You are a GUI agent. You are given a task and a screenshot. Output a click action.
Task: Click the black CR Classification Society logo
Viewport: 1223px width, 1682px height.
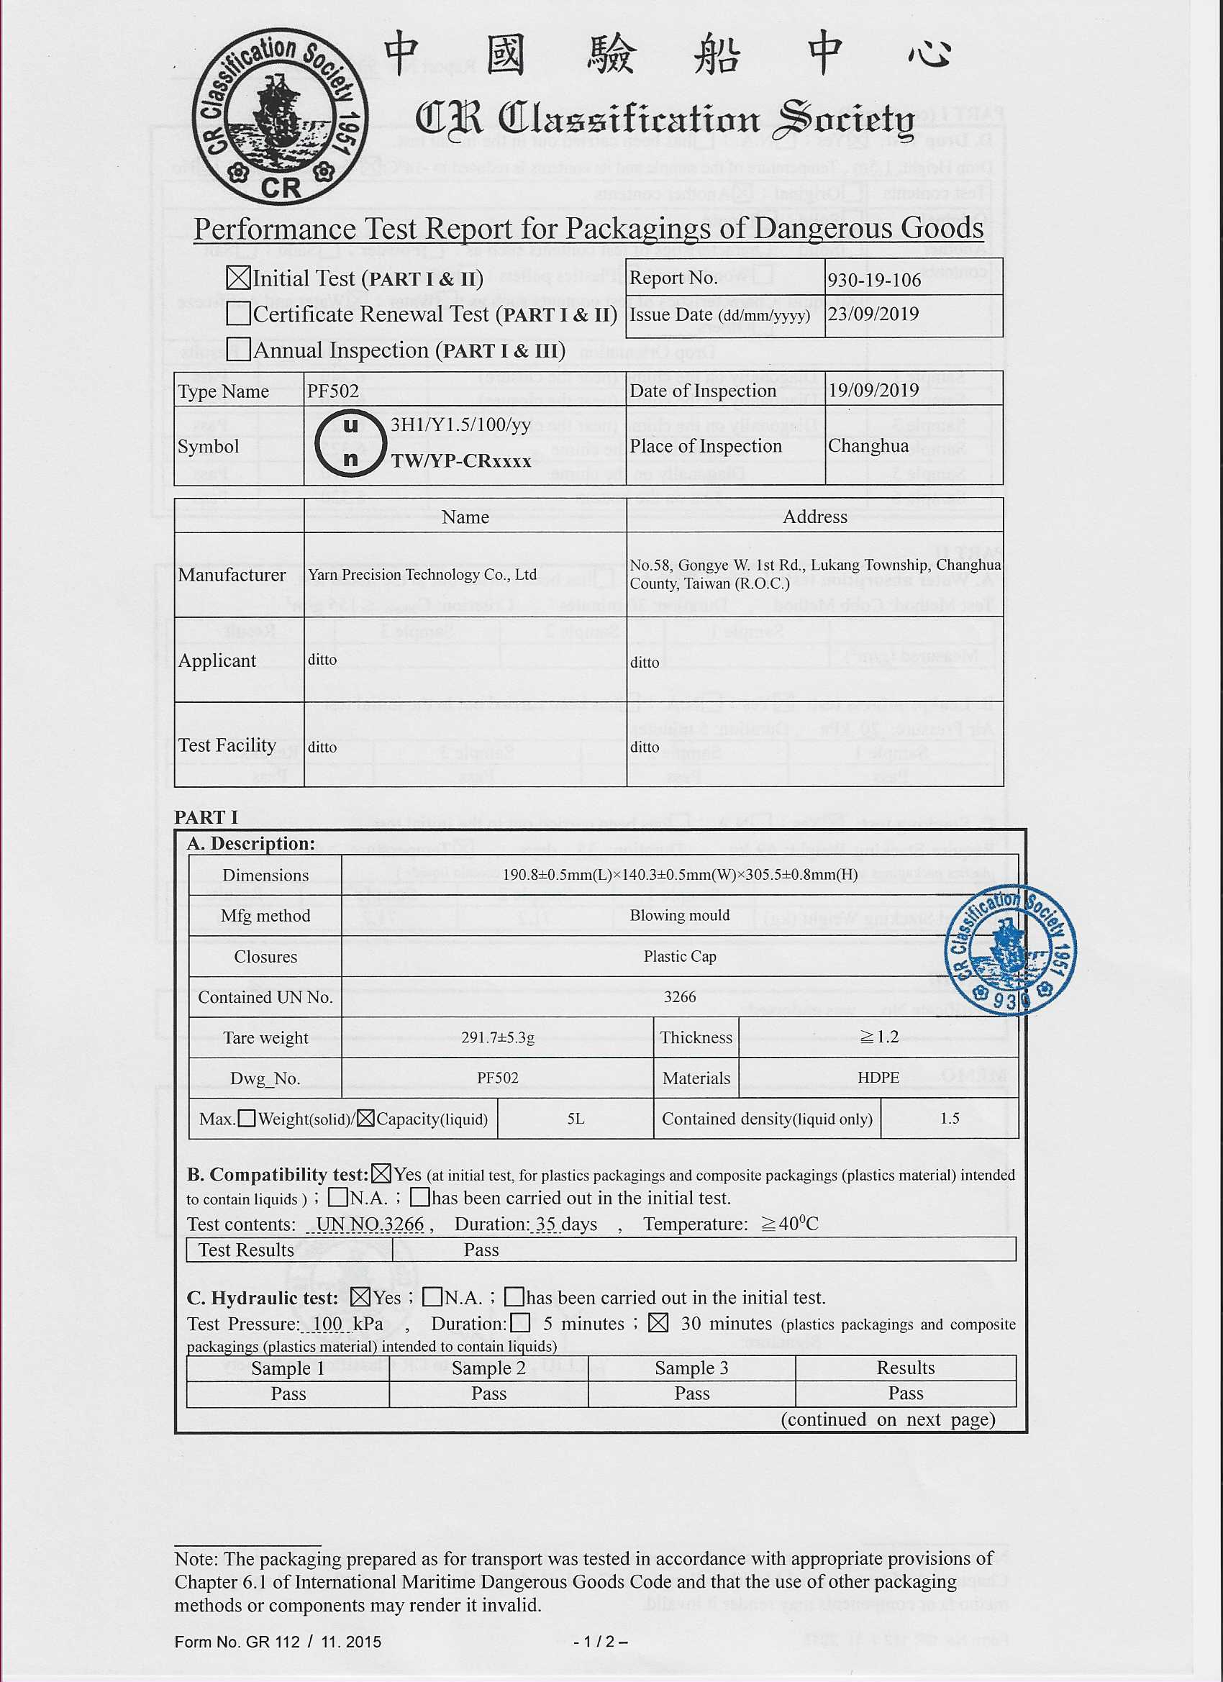280,119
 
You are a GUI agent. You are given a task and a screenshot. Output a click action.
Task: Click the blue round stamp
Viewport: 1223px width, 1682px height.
1010,950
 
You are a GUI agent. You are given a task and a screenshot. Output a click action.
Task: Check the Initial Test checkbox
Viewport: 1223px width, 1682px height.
238,278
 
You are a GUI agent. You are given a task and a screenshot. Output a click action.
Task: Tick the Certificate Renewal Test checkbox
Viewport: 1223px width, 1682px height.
238,314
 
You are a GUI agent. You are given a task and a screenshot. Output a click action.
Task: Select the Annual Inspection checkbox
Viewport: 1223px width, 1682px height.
238,350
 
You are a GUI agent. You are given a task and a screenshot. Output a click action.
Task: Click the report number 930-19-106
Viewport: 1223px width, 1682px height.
874,280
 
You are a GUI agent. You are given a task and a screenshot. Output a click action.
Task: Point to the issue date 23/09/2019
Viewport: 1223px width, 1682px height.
873,314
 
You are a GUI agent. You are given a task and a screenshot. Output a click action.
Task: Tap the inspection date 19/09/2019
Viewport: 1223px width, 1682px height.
873,390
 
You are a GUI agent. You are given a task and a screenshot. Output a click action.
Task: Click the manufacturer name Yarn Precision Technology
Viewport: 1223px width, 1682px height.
422,575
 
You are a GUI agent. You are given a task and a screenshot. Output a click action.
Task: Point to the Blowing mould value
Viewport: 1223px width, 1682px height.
679,915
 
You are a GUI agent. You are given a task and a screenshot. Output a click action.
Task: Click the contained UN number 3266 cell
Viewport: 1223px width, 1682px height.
679,996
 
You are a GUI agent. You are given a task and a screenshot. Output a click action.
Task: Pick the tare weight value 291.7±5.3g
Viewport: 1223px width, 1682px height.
498,1037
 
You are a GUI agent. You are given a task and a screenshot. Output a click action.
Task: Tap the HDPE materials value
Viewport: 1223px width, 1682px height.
878,1078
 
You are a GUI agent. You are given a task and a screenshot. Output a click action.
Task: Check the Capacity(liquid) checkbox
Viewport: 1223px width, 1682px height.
365,1119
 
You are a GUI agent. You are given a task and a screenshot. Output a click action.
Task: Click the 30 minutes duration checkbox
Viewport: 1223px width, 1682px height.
658,1323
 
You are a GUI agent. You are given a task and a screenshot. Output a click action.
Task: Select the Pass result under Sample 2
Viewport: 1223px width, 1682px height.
488,1394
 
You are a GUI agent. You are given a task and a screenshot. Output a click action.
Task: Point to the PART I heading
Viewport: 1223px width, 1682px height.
206,817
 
